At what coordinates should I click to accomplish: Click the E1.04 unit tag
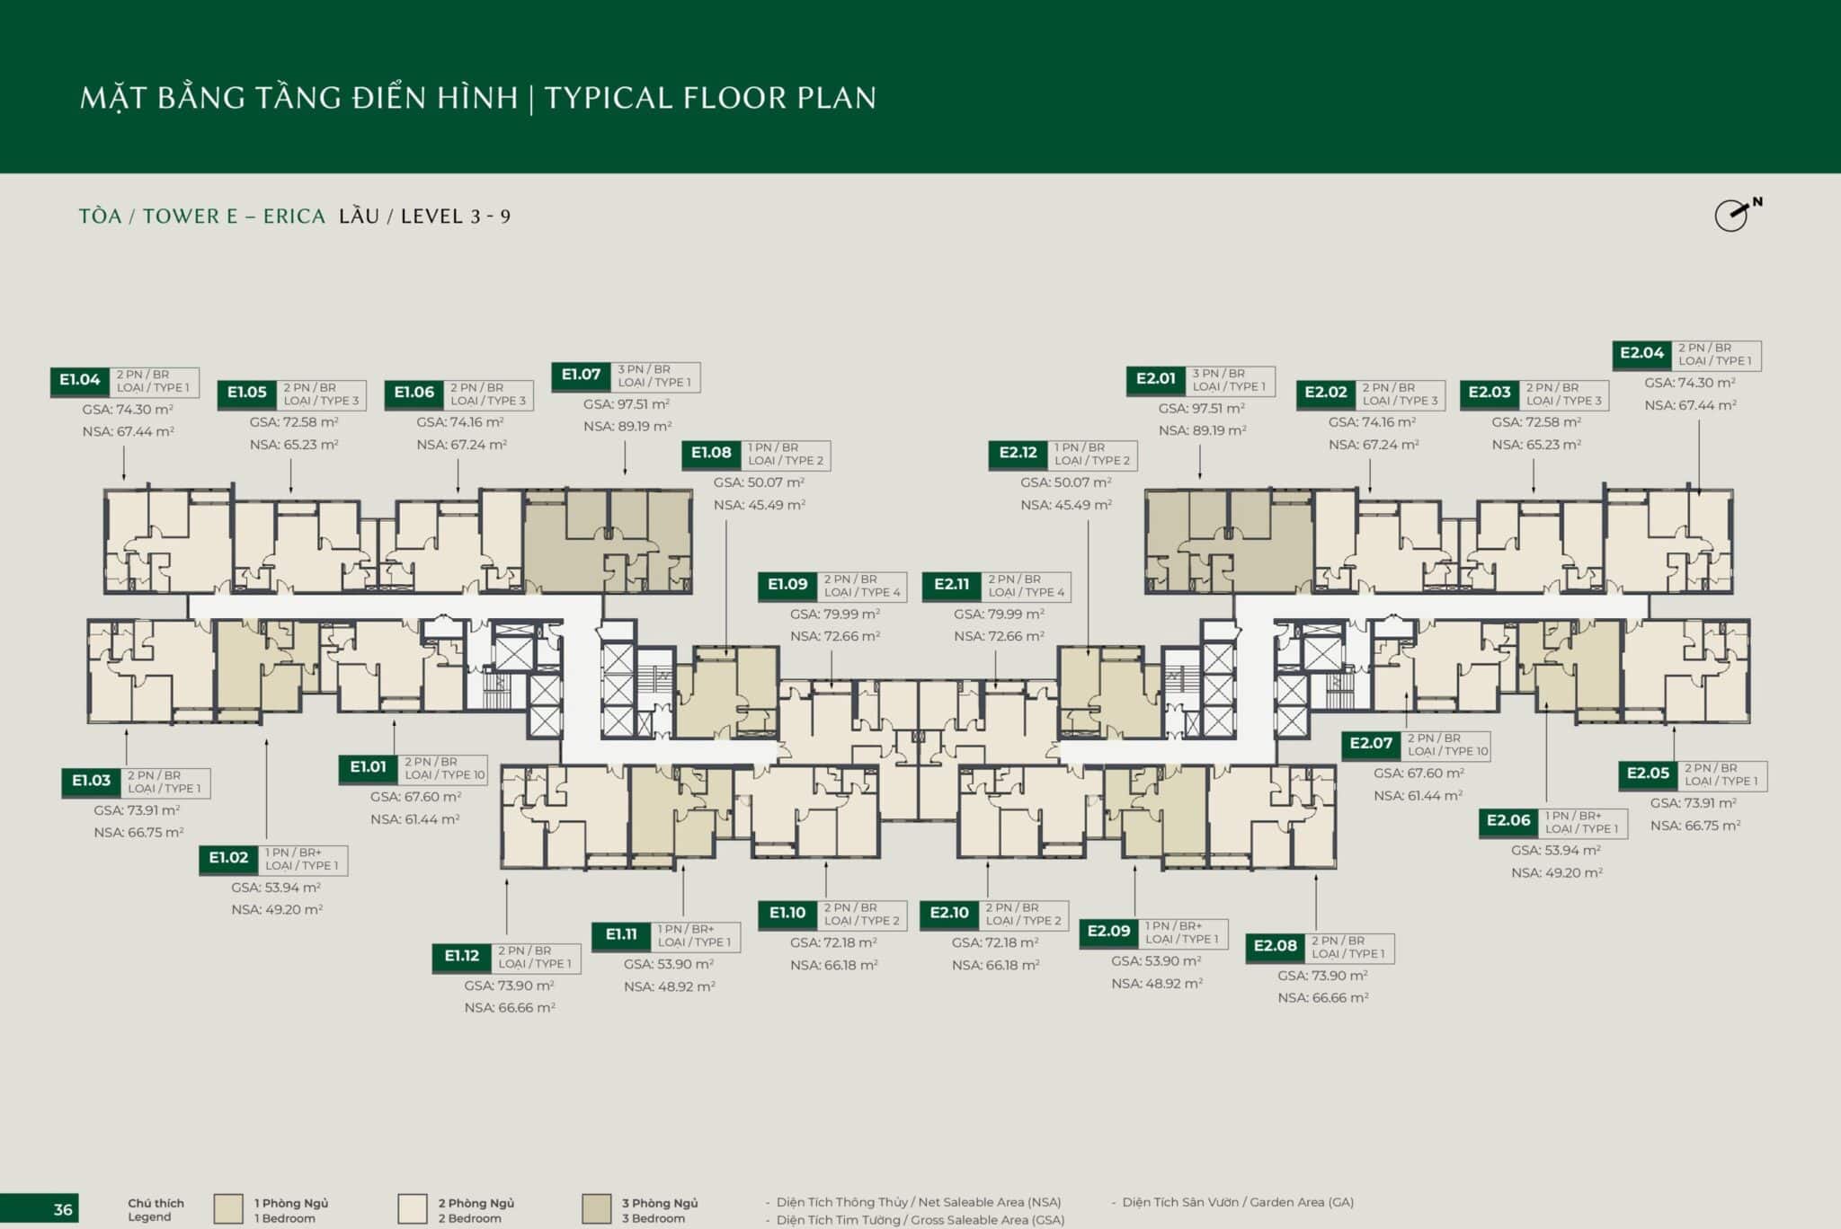coord(79,381)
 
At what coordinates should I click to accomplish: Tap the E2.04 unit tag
coord(1641,354)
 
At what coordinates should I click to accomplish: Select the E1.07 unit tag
coord(581,376)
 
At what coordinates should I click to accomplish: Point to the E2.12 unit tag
coord(1018,454)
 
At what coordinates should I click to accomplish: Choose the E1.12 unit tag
coord(461,957)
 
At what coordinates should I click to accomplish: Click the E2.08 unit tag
coord(1275,947)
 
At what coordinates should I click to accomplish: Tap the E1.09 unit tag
coord(787,586)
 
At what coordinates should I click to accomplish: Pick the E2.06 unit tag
coord(1508,821)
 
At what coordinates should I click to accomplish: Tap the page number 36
coord(63,1209)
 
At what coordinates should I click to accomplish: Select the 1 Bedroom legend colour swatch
coord(228,1209)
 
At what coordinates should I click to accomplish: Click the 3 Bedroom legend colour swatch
coord(597,1209)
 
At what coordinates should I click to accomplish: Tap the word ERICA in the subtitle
coord(294,217)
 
